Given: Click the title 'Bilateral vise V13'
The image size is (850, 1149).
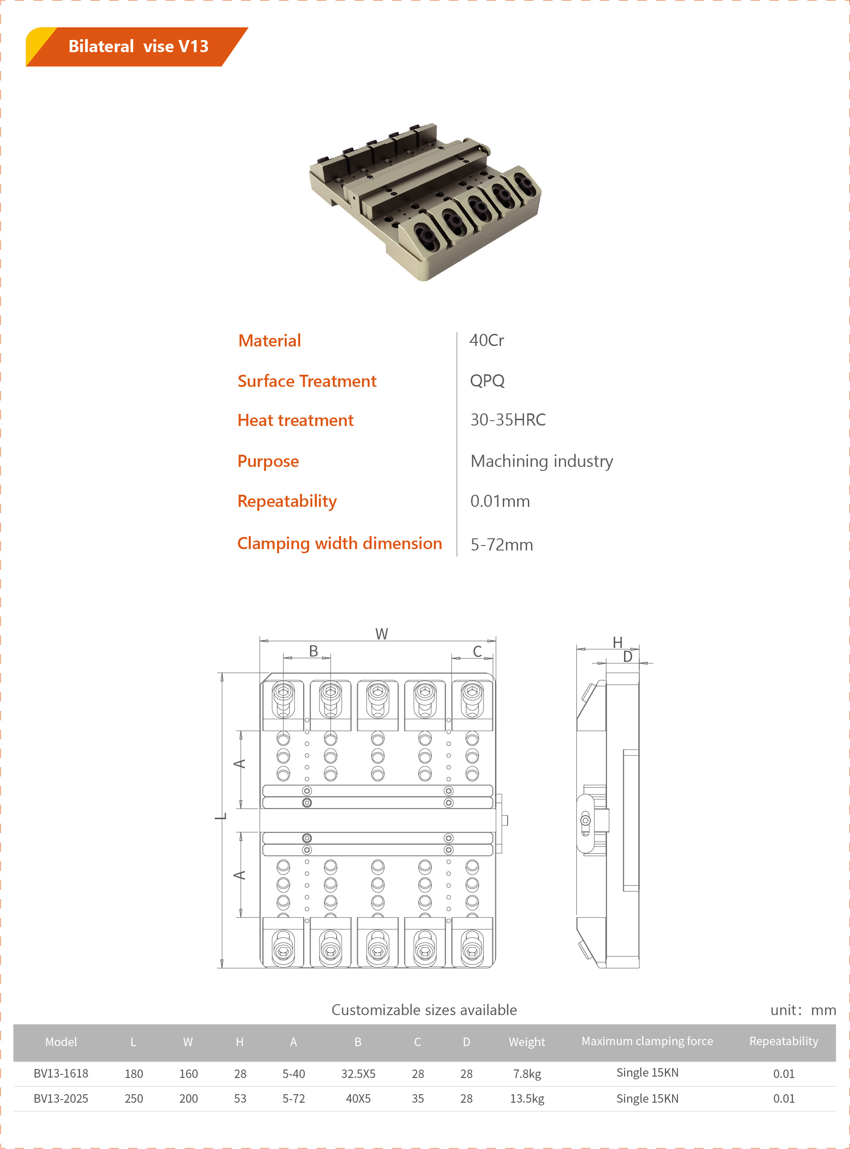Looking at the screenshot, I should coord(138,46).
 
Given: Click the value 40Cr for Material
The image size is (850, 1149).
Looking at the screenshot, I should coord(486,340).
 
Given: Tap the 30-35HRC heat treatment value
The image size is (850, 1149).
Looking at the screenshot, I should coord(507,420).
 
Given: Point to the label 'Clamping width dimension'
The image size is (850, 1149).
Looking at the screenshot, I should coord(339,543).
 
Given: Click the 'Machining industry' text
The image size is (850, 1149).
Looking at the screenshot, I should coord(541,461).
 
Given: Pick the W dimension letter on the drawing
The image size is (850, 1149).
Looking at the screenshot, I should coord(381,634).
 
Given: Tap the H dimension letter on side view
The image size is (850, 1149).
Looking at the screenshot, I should coord(617,642).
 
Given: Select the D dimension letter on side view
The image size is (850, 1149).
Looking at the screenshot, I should coord(627,657).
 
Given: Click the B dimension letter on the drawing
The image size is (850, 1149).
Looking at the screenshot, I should coord(313,651).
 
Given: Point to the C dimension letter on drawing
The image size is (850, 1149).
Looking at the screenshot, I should coord(477,652).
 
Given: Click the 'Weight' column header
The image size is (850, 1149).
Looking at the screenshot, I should coord(527,1042).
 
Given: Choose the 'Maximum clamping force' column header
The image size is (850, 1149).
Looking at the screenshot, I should coord(647,1041).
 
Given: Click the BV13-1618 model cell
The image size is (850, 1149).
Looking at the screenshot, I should coord(61,1074).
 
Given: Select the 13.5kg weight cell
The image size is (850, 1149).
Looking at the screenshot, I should coord(527,1099).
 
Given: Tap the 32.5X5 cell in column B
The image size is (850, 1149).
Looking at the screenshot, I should coord(358,1074).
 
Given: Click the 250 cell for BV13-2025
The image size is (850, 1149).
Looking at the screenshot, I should coord(134,1099).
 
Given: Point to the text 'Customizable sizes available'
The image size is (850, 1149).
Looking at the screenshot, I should coord(424,1010).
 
